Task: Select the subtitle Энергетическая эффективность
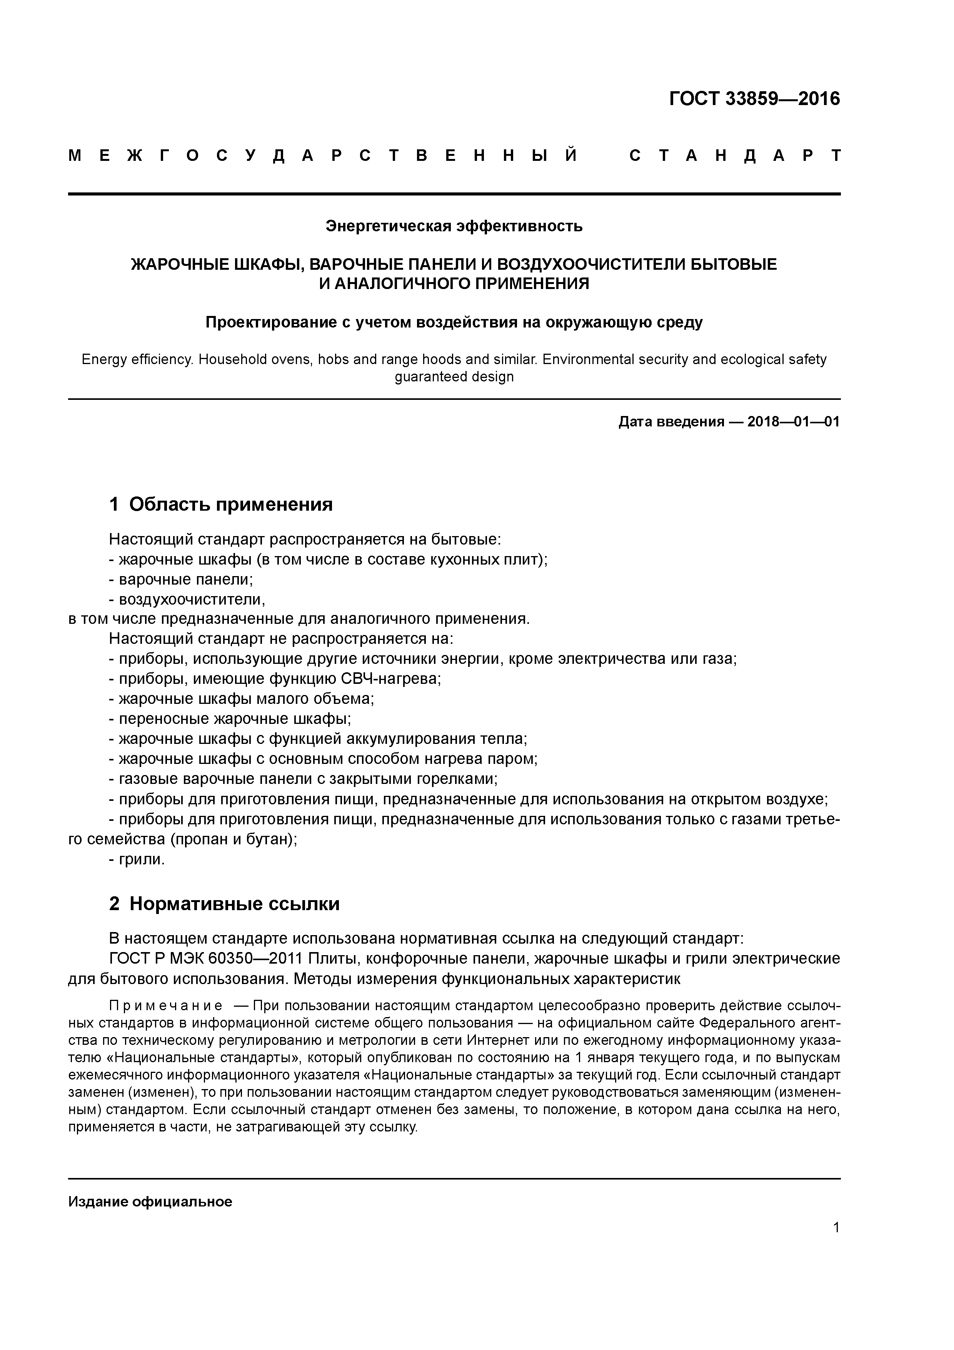pos(454,226)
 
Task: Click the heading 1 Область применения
pos(221,504)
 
